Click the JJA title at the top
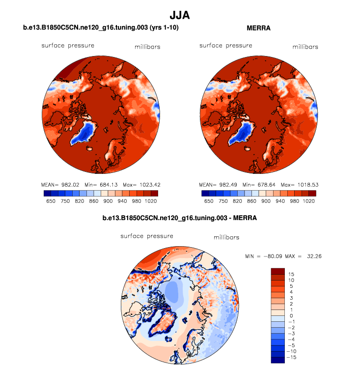tap(180, 16)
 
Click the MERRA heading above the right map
tap(259, 28)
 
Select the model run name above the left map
tap(101, 28)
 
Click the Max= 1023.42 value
tap(142, 185)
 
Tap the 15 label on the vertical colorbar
tap(291, 274)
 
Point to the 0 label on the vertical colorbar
tap(291, 315)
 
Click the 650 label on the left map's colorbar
tap(51, 201)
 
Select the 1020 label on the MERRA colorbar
tap(308, 201)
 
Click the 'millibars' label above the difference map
tap(226, 238)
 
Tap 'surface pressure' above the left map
tap(68, 46)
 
